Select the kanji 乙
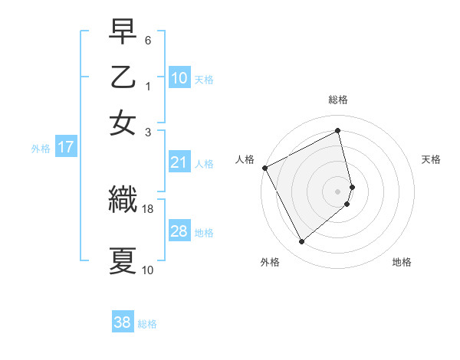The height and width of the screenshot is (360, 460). [x=123, y=79]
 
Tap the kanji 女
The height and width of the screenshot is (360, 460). [x=123, y=123]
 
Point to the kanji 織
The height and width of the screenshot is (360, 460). [x=123, y=200]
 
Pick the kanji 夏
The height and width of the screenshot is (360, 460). [x=123, y=260]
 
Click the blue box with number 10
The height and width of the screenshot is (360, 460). [x=179, y=78]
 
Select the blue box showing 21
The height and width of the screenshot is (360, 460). [x=179, y=162]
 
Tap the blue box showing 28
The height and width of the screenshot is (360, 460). [x=179, y=231]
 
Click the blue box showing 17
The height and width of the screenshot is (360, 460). [x=65, y=148]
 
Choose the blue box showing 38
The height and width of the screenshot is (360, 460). [x=123, y=322]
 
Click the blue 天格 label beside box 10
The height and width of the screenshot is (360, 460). [x=204, y=79]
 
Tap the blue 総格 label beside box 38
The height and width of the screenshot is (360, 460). [x=147, y=323]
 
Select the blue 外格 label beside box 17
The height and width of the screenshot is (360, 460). [x=40, y=149]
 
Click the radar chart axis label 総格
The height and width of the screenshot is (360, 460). [x=338, y=100]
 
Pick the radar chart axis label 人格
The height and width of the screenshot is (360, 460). [x=245, y=159]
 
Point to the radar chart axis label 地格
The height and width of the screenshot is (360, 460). [x=402, y=262]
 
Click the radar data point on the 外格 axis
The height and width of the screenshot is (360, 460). [x=301, y=242]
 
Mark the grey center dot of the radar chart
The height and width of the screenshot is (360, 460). [x=338, y=191]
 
